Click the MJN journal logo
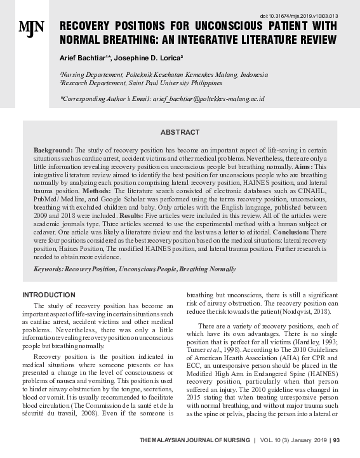pos(31,27)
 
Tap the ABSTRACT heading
pos(180,133)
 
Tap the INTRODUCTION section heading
pos(49,295)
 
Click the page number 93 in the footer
pos(337,440)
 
